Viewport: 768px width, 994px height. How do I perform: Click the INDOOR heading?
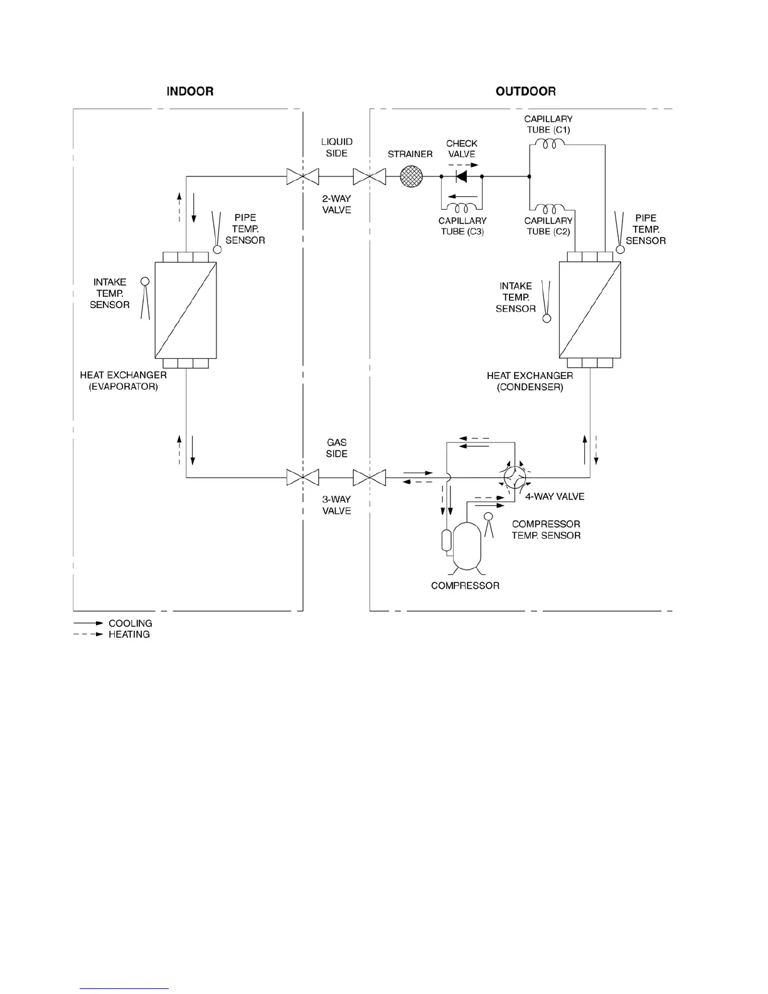click(190, 92)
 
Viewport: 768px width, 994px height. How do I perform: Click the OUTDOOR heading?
click(526, 92)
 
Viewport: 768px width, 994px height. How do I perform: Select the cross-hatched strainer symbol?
click(411, 176)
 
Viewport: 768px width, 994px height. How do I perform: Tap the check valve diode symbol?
click(461, 176)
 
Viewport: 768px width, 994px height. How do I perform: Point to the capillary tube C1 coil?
click(550, 144)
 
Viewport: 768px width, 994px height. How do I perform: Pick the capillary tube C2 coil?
click(550, 209)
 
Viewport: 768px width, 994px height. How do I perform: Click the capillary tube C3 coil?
click(462, 208)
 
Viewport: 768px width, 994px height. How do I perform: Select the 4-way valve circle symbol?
click(515, 478)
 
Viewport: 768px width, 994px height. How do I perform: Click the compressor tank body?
click(467, 546)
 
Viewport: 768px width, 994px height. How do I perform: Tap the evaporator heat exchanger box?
click(186, 310)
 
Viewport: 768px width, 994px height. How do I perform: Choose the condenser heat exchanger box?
click(590, 309)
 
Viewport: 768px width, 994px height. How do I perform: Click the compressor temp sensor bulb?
click(488, 516)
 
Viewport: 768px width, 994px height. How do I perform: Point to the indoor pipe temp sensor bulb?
click(217, 250)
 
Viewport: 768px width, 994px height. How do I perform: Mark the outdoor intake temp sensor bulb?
click(547, 318)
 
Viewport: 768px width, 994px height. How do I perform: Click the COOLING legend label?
click(131, 623)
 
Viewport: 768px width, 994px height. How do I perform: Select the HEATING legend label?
click(129, 634)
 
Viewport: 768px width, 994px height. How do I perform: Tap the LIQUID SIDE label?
click(337, 147)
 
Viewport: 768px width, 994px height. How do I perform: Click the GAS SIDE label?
click(337, 448)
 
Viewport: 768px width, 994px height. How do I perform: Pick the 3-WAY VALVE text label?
click(337, 505)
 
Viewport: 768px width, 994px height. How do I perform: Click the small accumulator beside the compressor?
click(447, 540)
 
